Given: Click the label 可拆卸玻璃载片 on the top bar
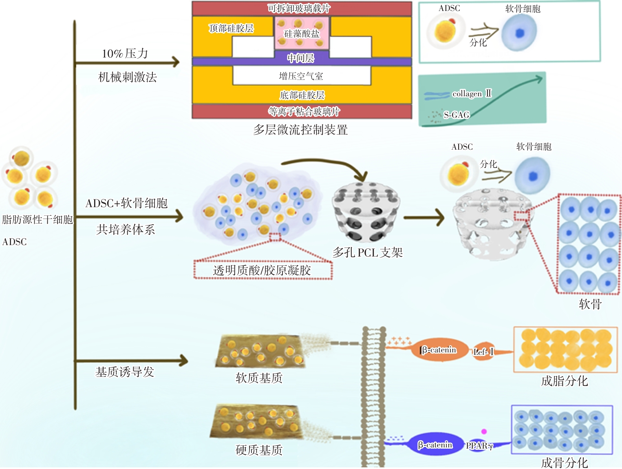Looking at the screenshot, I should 299,8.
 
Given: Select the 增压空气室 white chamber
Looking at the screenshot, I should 301,76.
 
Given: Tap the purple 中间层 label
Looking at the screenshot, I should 301,58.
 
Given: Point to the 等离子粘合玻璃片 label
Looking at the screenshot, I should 304,111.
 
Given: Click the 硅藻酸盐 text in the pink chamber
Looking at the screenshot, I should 302,34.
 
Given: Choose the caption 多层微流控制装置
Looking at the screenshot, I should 300,130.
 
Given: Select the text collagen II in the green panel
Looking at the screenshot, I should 472,94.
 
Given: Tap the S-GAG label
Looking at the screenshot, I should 457,115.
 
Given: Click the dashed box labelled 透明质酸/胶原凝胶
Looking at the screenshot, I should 262,270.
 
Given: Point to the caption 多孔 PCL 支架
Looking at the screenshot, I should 368,253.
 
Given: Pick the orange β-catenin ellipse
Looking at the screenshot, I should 439,350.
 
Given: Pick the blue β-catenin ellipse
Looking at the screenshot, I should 435,445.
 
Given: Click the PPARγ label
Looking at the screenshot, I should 479,446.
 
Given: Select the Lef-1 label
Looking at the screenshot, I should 483,352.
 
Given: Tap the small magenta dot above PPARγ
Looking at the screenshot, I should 484,431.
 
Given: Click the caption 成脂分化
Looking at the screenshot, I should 564,381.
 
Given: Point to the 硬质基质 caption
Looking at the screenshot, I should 259,450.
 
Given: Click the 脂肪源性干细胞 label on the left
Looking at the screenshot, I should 37,220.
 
